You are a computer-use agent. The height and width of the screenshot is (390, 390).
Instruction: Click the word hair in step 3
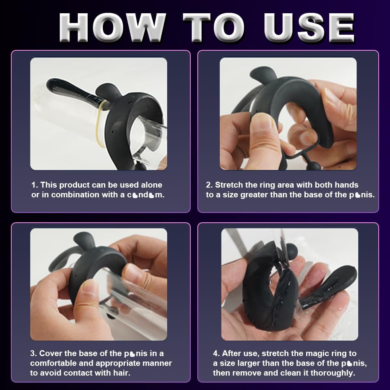pyautogui.click(x=117, y=373)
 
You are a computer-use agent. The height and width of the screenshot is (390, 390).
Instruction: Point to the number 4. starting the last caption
pyautogui.click(x=216, y=353)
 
